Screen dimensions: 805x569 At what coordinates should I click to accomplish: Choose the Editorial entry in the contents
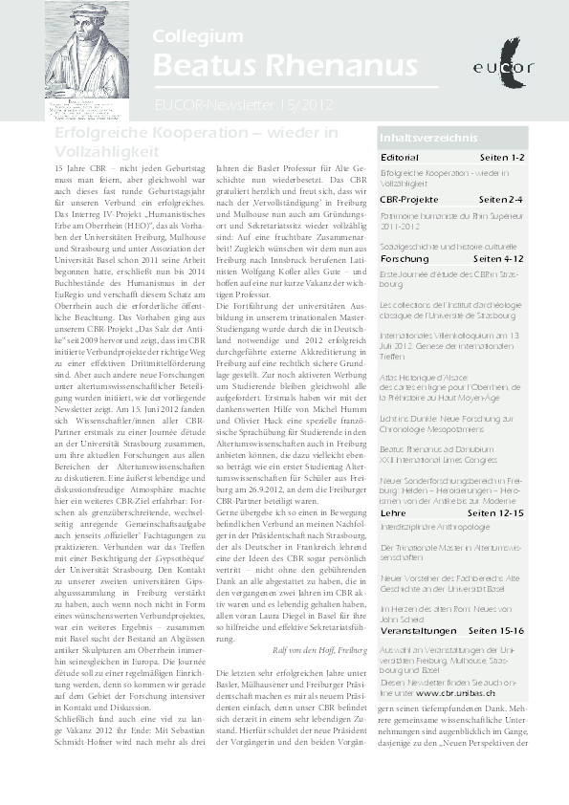399,157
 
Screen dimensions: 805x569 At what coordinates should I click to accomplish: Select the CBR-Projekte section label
408,199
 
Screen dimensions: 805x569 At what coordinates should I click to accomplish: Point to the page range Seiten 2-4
501,199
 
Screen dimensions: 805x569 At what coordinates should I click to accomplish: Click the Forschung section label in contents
405,259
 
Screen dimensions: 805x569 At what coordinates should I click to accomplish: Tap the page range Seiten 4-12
498,259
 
